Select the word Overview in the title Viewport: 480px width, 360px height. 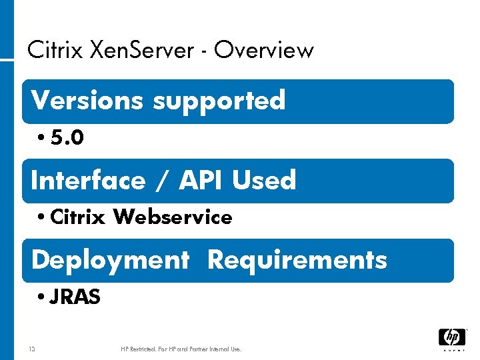coord(264,49)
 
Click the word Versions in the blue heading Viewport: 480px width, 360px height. coord(87,100)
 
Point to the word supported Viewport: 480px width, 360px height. coord(219,101)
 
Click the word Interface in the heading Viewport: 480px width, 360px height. coord(88,180)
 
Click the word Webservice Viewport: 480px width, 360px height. coord(173,217)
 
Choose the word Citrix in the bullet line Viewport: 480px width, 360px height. coord(77,217)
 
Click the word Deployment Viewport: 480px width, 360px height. coord(110,260)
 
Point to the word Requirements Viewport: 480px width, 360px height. coord(297,260)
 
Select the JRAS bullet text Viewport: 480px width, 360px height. coord(75,297)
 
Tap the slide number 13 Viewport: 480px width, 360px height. coord(32,349)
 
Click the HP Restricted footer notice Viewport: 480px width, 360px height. coord(181,349)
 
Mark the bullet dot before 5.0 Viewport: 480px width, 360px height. coord(41,138)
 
